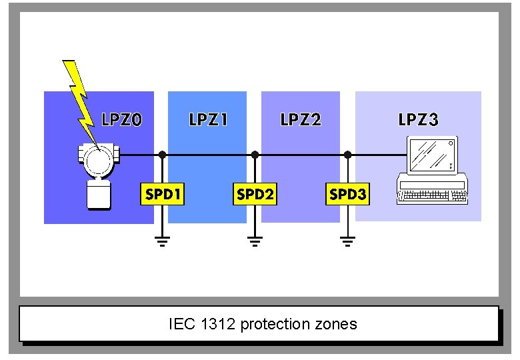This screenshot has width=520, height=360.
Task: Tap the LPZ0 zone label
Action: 122,120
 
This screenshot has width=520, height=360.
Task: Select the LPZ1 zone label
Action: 209,120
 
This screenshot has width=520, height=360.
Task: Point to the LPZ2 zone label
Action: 301,120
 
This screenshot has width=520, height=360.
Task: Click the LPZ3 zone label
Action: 418,120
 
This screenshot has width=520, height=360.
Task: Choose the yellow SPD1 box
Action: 163,194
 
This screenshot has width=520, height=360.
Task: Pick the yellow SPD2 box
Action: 255,194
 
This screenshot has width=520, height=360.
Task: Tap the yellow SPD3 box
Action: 347,194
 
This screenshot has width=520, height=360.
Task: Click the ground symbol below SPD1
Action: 162,241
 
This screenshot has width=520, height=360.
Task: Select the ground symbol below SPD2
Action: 255,241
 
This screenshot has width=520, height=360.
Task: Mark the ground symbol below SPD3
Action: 347,241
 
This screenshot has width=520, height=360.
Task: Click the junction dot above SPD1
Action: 162,155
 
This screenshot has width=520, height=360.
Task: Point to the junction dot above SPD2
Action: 255,155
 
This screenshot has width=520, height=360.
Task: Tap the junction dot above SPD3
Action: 347,155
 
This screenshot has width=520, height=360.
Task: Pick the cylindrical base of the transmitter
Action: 99,195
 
